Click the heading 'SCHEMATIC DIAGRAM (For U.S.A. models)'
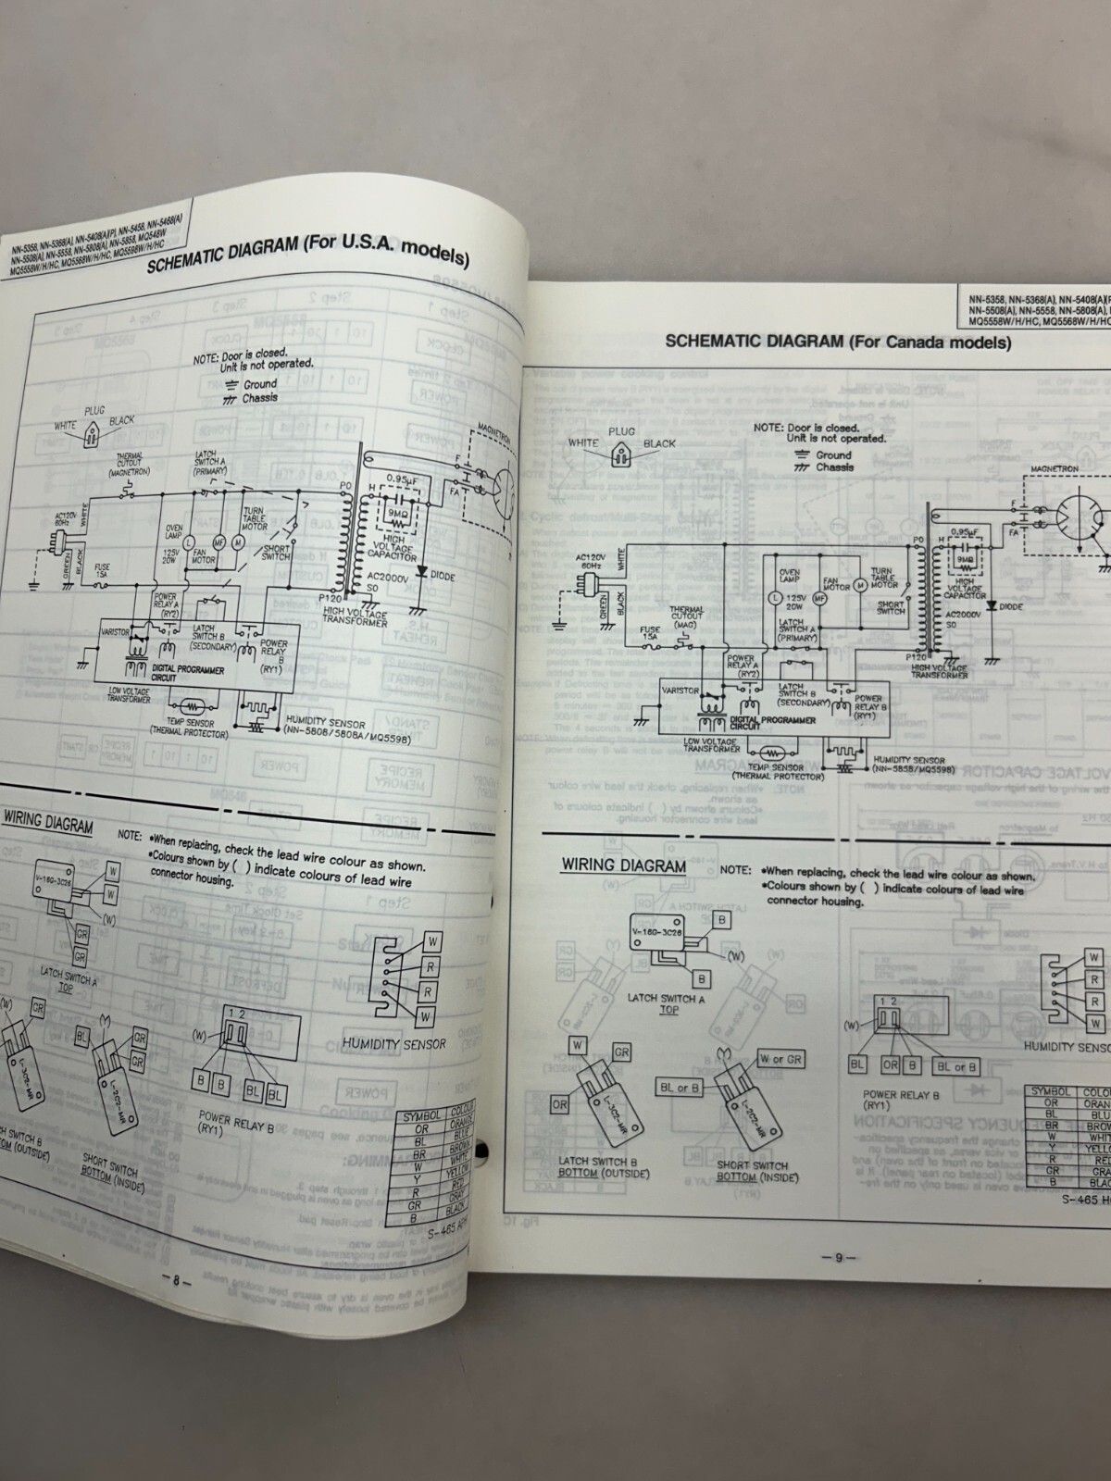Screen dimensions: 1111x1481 click(x=308, y=251)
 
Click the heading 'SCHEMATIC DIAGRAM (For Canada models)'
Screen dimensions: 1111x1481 click(x=838, y=342)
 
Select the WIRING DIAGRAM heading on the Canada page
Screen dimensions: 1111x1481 click(x=623, y=866)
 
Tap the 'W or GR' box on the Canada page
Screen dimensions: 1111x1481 click(x=780, y=1059)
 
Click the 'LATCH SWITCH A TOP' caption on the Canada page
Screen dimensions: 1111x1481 click(x=666, y=1003)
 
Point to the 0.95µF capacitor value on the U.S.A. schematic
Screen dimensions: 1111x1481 click(x=400, y=479)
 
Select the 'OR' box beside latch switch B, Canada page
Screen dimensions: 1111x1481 click(x=560, y=1105)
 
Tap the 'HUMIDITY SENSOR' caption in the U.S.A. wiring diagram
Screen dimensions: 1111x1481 click(x=393, y=1043)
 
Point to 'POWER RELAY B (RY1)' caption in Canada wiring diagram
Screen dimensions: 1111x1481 click(x=889, y=1100)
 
